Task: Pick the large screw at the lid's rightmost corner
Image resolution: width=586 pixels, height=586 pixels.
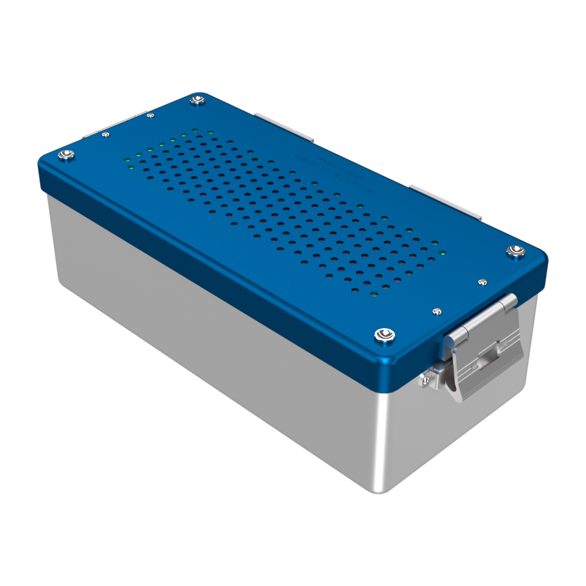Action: [x=514, y=251]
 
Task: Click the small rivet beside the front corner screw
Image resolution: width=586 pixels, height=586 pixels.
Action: [x=436, y=311]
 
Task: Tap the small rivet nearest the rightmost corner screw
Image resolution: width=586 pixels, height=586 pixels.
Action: [x=482, y=282]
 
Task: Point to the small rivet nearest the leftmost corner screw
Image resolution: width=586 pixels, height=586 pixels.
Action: [x=105, y=135]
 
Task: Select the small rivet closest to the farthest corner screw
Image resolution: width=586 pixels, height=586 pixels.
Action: [x=151, y=115]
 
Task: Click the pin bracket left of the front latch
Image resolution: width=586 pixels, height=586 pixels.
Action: [x=427, y=380]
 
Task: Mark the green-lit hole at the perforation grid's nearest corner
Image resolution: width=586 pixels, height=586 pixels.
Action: [x=373, y=292]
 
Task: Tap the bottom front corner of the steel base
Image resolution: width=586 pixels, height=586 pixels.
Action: [x=375, y=491]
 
